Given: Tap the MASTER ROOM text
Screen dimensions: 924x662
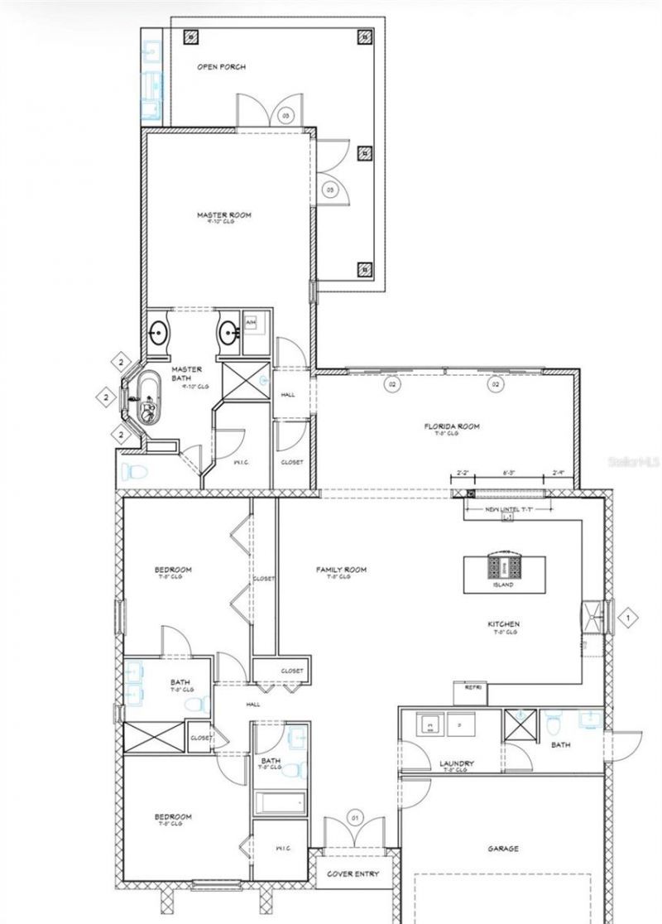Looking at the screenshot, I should pyautogui.click(x=223, y=215).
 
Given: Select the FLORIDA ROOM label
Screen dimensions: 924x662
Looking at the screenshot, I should pyautogui.click(x=452, y=427).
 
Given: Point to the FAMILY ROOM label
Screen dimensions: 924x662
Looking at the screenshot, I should pyautogui.click(x=340, y=570).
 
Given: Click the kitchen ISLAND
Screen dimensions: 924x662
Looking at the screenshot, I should pyautogui.click(x=504, y=571).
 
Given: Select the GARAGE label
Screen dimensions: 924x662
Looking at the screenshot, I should pyautogui.click(x=502, y=848).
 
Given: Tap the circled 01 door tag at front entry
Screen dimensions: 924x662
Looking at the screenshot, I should pyautogui.click(x=356, y=817).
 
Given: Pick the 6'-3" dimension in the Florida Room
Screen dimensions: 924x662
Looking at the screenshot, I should pyautogui.click(x=511, y=472).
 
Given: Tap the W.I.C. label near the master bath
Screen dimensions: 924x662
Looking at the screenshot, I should pyautogui.click(x=242, y=462).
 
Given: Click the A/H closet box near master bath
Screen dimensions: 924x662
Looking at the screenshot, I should pyautogui.click(x=252, y=321).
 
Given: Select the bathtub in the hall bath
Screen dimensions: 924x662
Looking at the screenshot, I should pyautogui.click(x=280, y=803).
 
